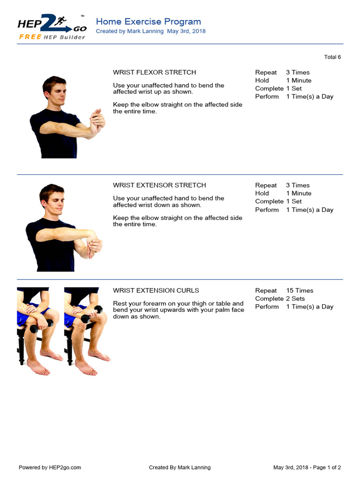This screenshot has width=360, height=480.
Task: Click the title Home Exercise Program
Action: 148,22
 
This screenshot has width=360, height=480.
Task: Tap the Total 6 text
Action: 332,57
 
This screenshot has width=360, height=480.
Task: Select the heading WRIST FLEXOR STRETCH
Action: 154,73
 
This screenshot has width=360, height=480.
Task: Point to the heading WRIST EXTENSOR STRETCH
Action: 159,186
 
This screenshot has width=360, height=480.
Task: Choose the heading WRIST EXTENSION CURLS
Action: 156,291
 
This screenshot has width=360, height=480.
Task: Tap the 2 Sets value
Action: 295,299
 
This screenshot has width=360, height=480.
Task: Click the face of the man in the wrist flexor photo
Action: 57,92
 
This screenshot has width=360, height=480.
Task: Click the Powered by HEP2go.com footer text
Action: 50,467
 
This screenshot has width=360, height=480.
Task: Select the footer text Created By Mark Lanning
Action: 180,467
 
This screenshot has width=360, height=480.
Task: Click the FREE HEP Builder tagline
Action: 52,37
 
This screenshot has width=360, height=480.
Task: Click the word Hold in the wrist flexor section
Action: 262,81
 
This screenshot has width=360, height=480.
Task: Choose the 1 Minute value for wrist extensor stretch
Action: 299,194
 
